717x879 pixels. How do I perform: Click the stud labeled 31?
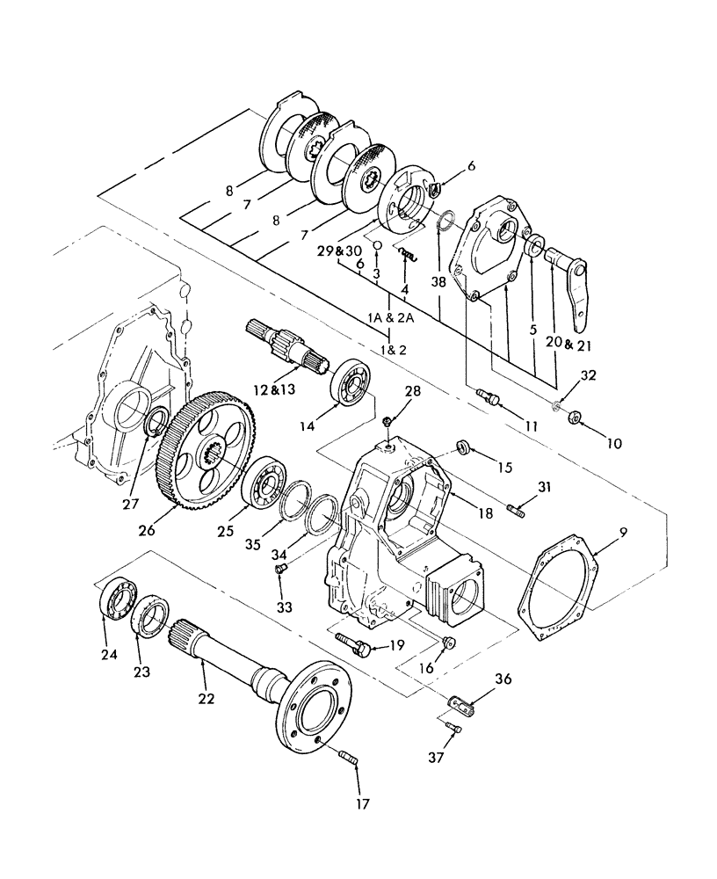click(x=518, y=508)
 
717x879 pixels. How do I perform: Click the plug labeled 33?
click(x=279, y=572)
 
